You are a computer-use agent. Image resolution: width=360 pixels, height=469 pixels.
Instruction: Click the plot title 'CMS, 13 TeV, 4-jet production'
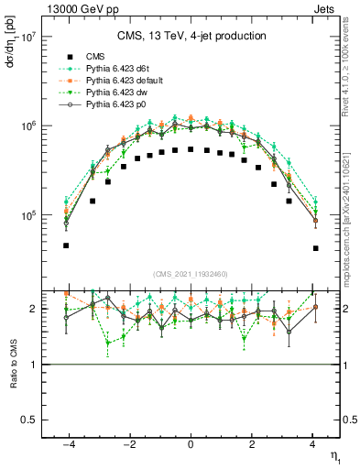click(191, 36)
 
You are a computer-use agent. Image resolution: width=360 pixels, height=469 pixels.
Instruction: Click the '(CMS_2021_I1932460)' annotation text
click(191, 273)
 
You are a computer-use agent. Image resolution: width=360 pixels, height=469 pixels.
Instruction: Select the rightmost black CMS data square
click(315, 248)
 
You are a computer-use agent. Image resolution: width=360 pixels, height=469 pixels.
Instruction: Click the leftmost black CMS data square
click(66, 245)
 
